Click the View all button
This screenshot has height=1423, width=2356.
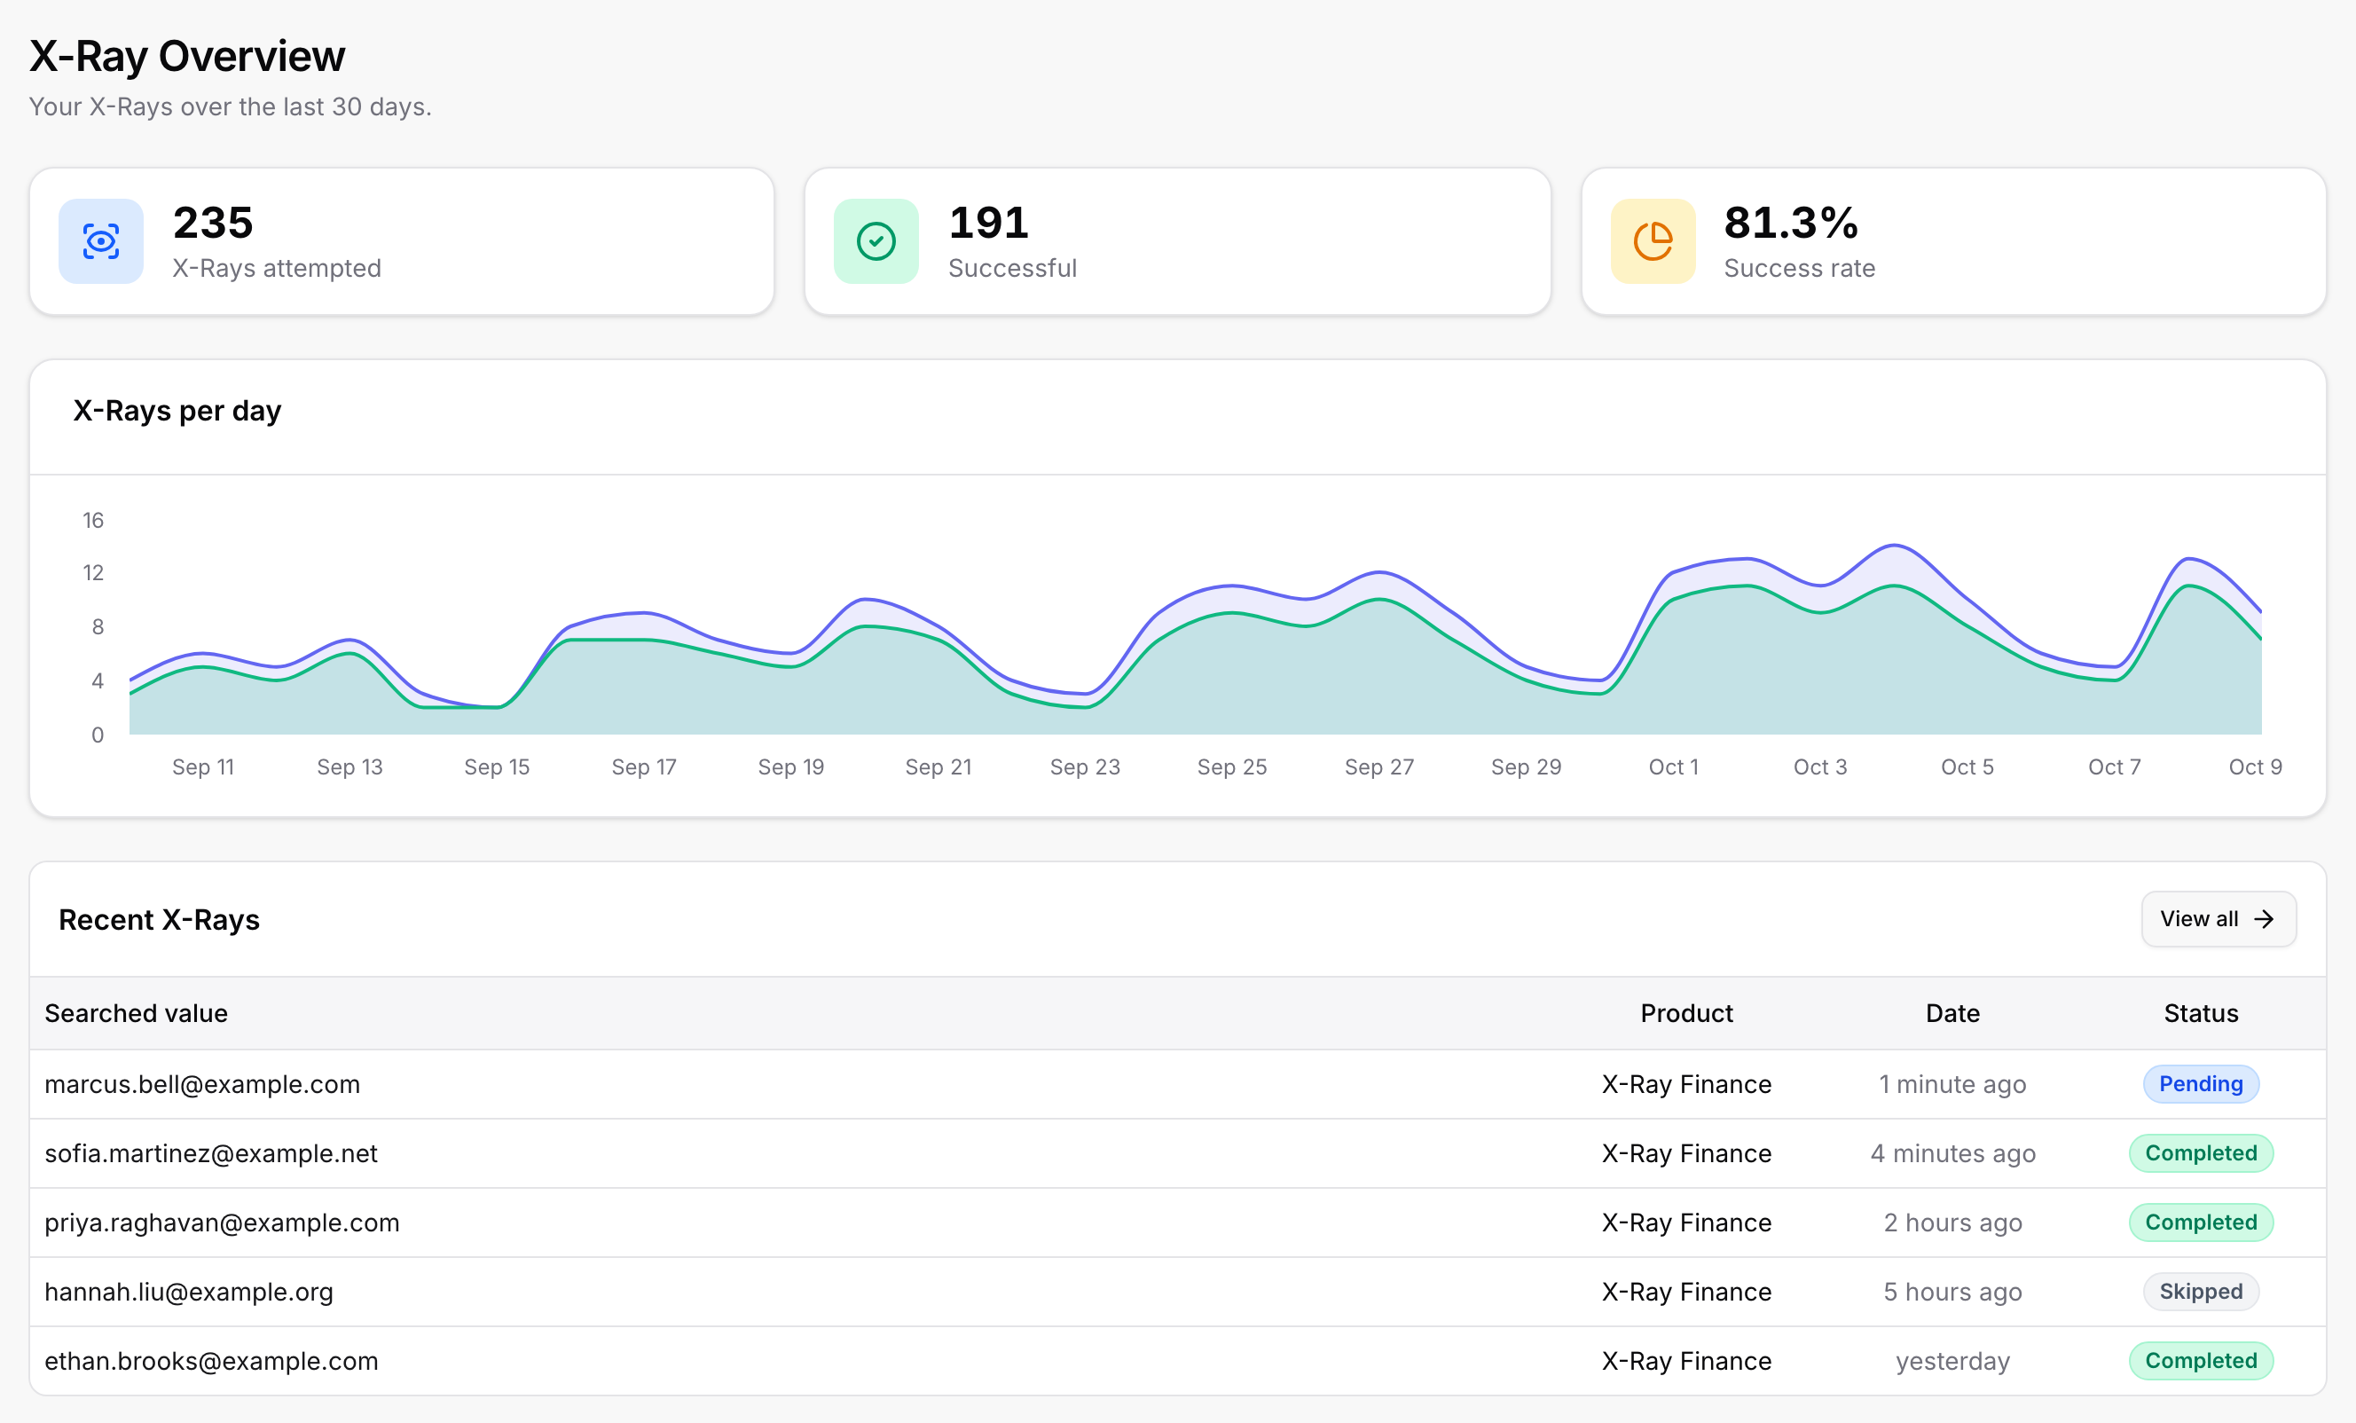(x=2219, y=919)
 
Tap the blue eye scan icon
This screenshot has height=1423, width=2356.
(x=101, y=241)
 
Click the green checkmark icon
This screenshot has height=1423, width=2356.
(x=876, y=241)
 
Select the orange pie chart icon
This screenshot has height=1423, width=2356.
(x=1653, y=241)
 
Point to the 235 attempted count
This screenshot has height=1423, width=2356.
(x=213, y=223)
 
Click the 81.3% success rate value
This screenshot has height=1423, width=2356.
(x=1791, y=223)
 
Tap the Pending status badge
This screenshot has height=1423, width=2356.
(x=2201, y=1083)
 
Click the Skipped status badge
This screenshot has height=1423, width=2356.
(x=2201, y=1291)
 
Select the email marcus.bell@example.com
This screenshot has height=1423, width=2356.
(x=203, y=1084)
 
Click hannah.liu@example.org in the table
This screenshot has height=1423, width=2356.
(x=189, y=1292)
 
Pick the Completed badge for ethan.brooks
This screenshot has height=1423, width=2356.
(x=2201, y=1360)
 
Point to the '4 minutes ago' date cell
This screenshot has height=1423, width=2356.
(x=1953, y=1153)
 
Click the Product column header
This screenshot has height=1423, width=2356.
(x=1686, y=1014)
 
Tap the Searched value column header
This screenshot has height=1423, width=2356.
(x=137, y=1014)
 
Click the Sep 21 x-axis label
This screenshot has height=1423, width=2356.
(x=938, y=767)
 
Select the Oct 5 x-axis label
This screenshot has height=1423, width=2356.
(x=1967, y=767)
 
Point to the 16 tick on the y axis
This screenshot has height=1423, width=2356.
(x=93, y=520)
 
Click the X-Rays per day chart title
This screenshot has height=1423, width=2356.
(x=177, y=412)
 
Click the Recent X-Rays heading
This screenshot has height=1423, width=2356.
(x=160, y=920)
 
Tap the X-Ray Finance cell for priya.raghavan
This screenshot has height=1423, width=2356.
(x=1686, y=1223)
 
